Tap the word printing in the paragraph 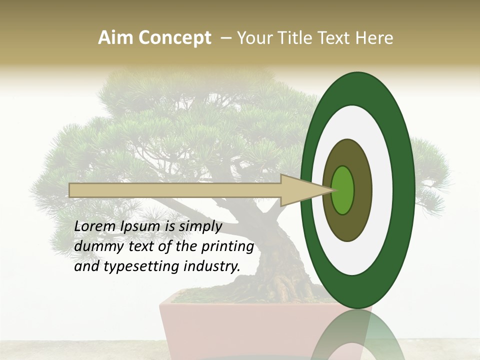[x=227, y=247]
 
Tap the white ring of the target [x=382, y=190]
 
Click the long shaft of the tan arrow [x=175, y=190]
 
